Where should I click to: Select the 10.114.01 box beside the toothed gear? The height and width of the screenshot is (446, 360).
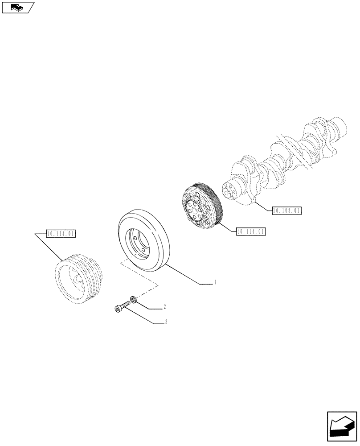click(251, 231)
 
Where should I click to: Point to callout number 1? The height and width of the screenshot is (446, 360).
click(215, 282)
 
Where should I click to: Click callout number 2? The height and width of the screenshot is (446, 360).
click(165, 307)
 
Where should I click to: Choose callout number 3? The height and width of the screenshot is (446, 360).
click(166, 322)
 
